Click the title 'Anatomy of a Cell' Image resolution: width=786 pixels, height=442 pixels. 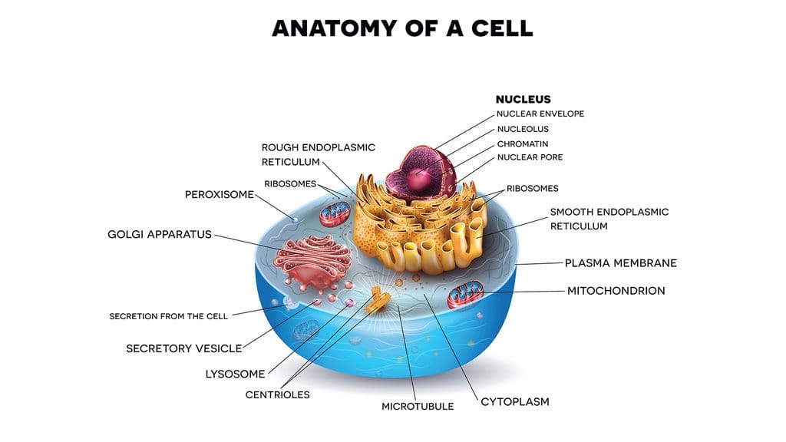pos(402,28)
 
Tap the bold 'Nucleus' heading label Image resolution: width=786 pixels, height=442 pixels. pos(523,99)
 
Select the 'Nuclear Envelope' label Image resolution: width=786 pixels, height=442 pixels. pos(540,114)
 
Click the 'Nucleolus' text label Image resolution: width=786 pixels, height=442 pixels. pos(523,129)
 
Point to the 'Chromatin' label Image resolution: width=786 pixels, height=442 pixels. pos(523,143)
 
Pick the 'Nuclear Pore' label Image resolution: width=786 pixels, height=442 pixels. pos(530,157)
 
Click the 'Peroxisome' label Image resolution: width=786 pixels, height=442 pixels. pos(219,194)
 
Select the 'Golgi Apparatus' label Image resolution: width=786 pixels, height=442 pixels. pos(160,234)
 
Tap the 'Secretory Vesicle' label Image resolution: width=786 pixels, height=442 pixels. pos(184,348)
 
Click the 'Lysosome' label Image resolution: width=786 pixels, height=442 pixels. pos(235,374)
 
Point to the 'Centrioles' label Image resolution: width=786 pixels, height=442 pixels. pos(278,394)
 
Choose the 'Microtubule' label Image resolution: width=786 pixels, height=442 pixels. pos(418,406)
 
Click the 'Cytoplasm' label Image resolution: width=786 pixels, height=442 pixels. pos(515,401)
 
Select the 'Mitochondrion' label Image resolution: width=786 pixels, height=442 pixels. pos(616,291)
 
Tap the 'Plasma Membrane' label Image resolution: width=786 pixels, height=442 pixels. pos(621,262)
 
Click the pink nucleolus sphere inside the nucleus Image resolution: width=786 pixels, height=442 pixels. pos(418,180)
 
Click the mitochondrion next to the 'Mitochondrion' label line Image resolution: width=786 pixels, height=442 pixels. pos(466,295)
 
